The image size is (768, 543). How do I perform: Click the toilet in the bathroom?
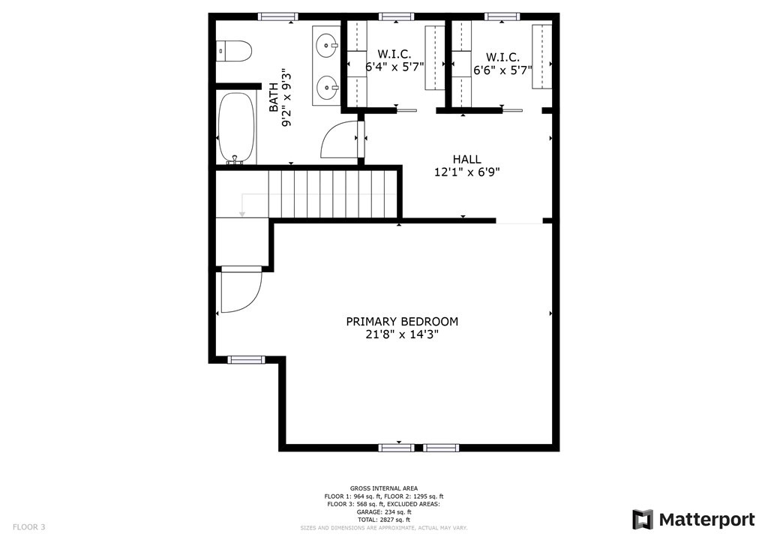(234, 51)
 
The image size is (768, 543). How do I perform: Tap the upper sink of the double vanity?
(328, 46)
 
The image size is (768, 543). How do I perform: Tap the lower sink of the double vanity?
(328, 88)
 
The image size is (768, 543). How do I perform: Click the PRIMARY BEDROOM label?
(401, 321)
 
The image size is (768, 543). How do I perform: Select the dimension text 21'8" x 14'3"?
(401, 334)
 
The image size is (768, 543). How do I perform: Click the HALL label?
(466, 159)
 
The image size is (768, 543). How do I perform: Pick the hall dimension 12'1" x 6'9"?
(466, 172)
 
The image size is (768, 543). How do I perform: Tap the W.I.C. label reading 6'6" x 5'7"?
(502, 70)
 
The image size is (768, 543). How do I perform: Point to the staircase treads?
(330, 193)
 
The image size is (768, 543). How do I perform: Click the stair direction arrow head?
(242, 214)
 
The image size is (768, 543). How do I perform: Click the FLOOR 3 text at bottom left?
(29, 526)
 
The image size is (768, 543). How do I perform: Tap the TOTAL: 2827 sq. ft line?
(383, 520)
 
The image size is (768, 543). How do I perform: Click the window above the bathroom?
(277, 16)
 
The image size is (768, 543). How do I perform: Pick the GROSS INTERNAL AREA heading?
(383, 488)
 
